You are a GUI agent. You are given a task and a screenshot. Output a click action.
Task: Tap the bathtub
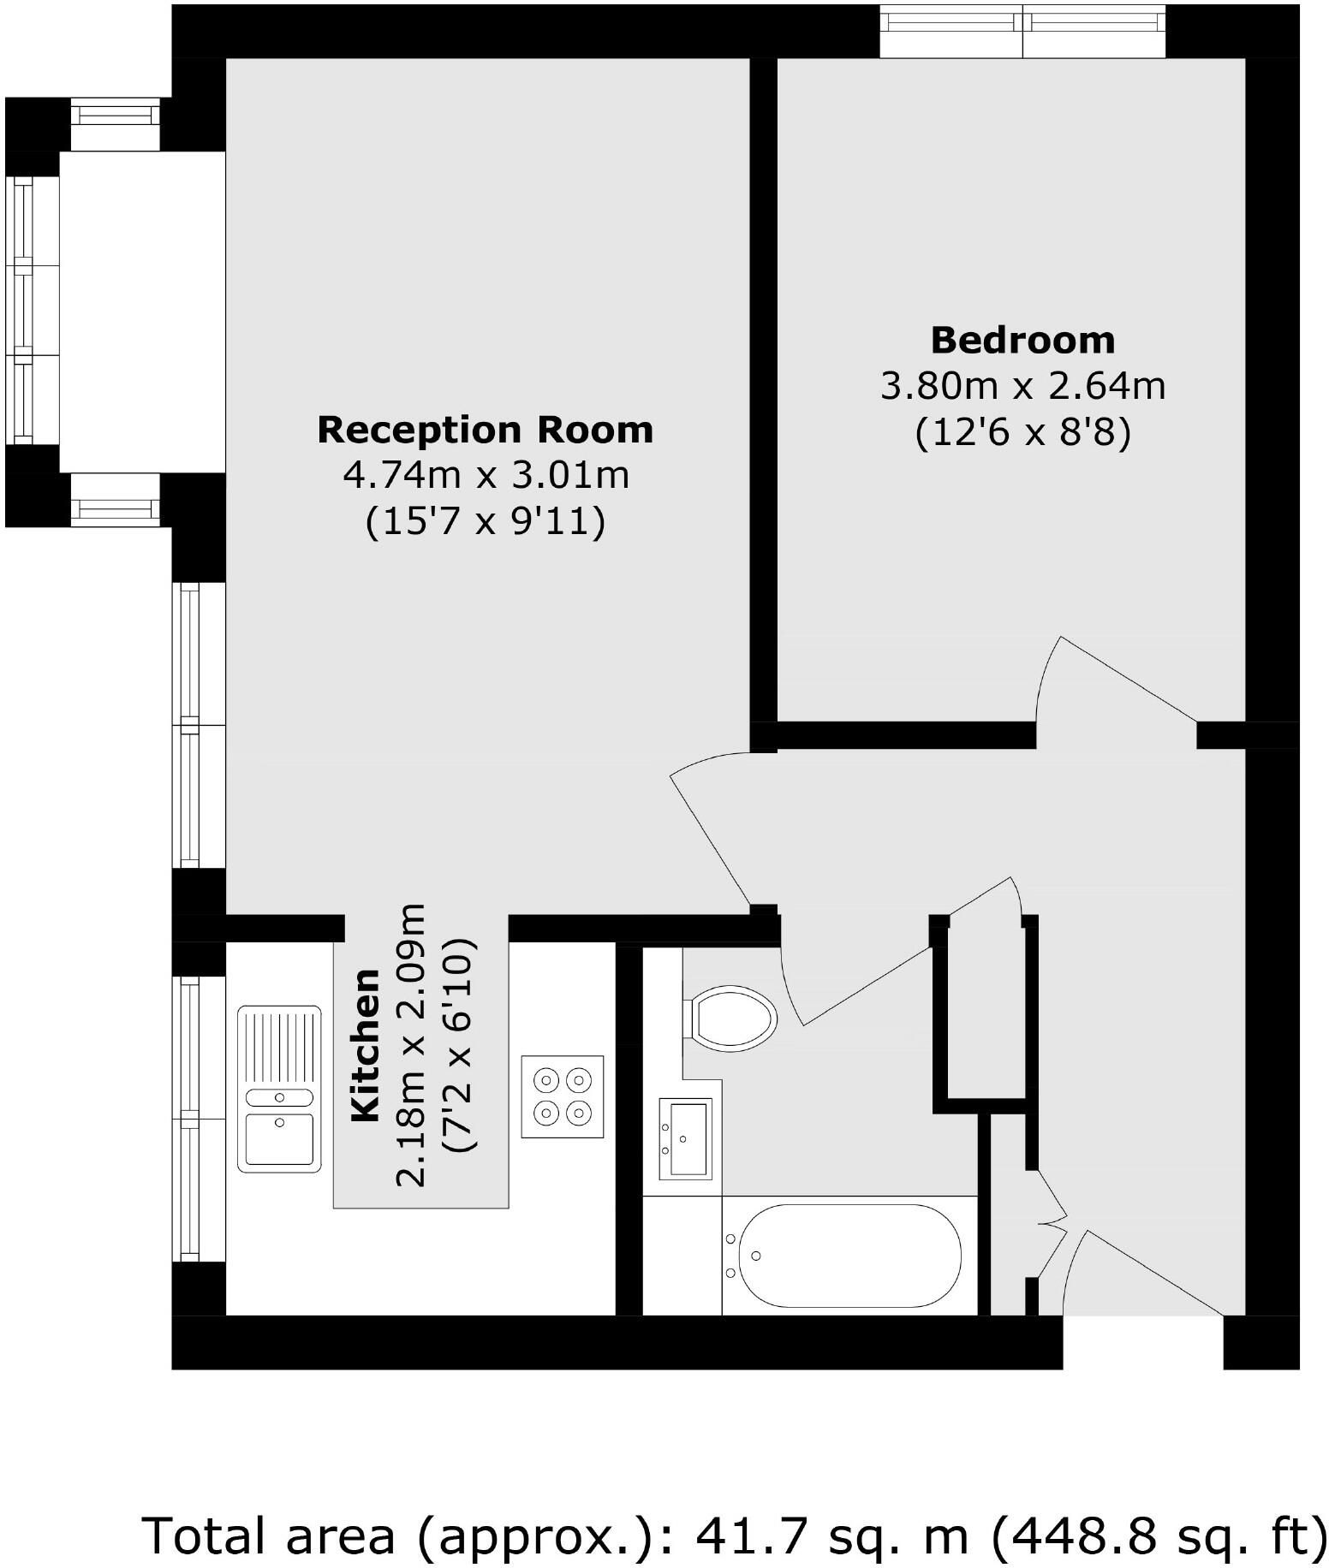849,1256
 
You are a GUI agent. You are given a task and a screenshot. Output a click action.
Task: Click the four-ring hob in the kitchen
563,1097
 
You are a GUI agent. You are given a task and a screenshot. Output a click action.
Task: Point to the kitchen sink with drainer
279,1089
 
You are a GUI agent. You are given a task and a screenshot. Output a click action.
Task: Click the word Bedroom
1022,340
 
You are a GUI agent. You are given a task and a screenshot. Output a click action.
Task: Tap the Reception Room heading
485,430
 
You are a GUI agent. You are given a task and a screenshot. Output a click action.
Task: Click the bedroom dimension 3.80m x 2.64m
1022,386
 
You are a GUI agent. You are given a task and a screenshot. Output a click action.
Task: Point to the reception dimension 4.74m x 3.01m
486,475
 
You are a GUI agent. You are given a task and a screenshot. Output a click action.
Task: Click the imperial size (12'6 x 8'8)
1022,432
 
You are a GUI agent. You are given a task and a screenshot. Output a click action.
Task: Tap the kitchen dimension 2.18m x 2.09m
411,1044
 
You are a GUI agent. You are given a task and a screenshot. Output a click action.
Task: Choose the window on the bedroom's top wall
1022,32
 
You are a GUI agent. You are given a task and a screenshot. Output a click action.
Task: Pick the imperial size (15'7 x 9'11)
486,521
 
